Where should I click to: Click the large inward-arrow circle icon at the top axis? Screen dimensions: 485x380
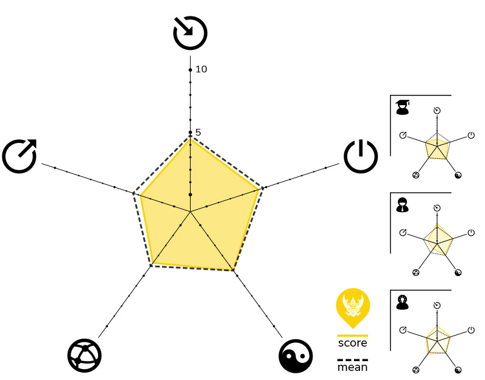[x=190, y=33]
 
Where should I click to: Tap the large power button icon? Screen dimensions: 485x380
[x=361, y=156]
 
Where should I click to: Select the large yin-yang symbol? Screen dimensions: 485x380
[x=296, y=356]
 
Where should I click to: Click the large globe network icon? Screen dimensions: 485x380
[x=85, y=356]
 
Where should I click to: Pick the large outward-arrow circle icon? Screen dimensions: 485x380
[x=19, y=156]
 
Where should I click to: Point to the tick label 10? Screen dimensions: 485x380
[x=201, y=69]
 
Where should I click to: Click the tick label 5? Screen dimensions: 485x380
[x=198, y=133]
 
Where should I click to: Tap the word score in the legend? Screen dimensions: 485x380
[x=353, y=343]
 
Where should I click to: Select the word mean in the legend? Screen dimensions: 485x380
[x=353, y=367]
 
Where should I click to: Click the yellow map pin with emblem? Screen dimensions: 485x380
[x=353, y=308]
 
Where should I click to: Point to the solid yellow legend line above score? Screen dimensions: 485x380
[x=353, y=335]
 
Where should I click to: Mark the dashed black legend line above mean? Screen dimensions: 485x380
[x=353, y=360]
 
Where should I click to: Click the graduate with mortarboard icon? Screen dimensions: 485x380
[x=402, y=107]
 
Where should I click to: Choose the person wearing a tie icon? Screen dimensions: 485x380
[x=402, y=205]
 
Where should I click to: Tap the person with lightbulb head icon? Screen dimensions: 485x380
[x=402, y=302]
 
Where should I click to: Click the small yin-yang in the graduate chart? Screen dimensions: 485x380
[x=458, y=175]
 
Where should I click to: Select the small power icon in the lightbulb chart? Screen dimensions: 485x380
[x=471, y=330]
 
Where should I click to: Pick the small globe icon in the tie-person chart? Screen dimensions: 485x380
[x=416, y=272]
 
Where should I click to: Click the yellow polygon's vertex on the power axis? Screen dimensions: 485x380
[x=258, y=190]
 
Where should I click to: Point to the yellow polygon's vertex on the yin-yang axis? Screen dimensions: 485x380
[x=233, y=270]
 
